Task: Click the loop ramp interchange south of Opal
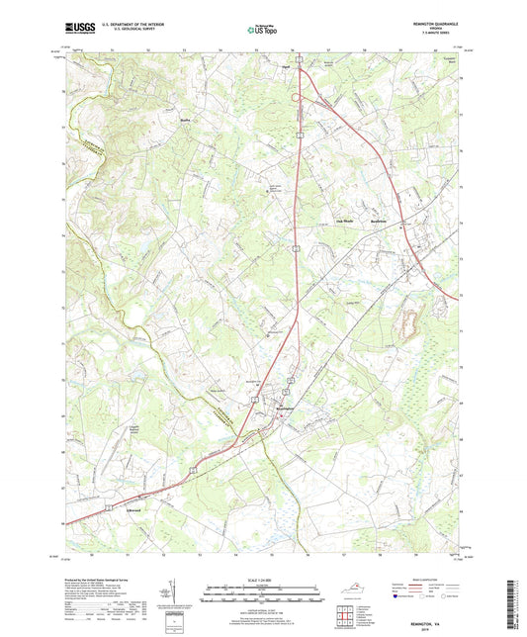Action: point(295,97)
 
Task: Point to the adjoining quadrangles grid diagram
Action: point(345,617)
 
